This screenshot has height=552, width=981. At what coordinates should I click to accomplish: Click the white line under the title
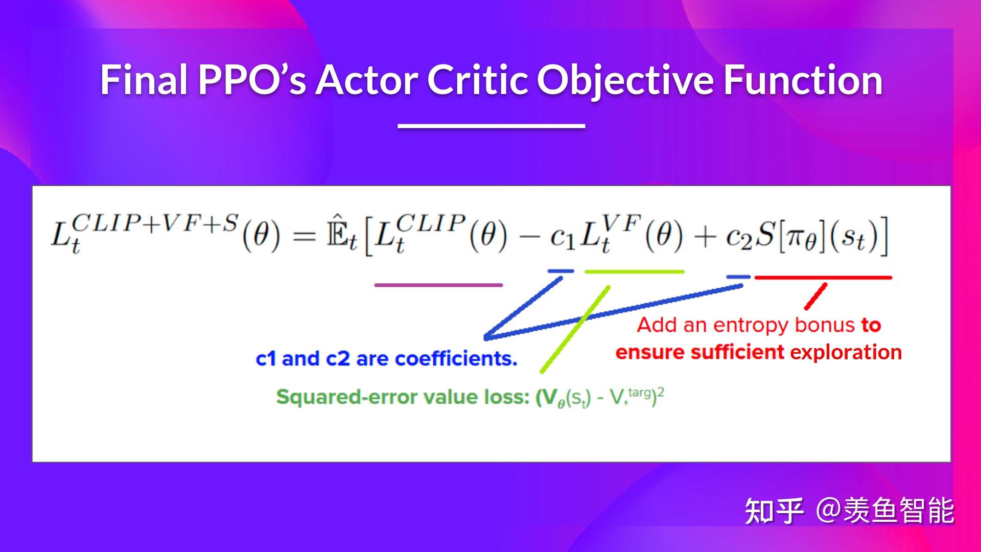point(491,125)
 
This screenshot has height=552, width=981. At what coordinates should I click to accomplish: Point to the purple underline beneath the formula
point(438,285)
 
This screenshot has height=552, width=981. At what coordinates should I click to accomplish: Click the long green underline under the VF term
point(634,271)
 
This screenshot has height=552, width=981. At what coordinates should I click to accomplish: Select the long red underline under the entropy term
point(823,278)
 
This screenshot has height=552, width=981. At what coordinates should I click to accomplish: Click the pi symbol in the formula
point(797,238)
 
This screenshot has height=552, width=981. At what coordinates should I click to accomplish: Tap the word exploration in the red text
point(846,352)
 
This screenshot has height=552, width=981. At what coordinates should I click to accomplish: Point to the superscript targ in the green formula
point(640,393)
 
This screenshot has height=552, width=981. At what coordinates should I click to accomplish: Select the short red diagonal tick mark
point(815,296)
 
